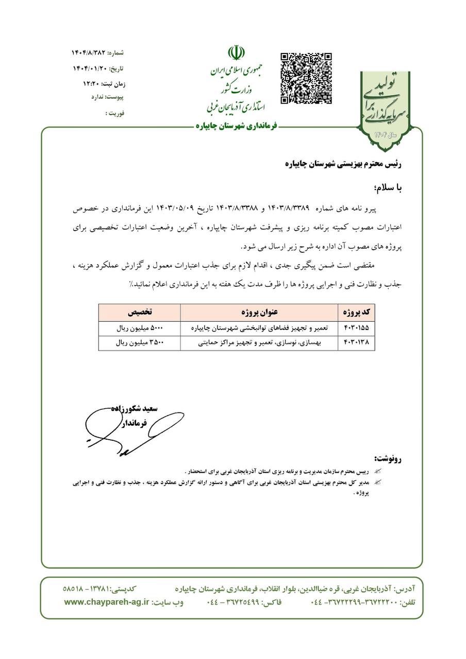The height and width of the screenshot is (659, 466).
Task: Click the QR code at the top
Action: coord(306,78)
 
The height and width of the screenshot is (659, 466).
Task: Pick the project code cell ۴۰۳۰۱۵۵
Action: coord(356,327)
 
